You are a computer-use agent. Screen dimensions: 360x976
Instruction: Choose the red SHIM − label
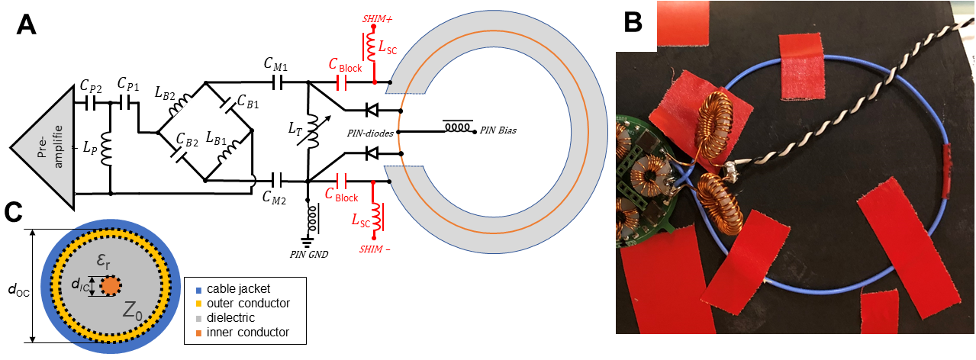coord(374,249)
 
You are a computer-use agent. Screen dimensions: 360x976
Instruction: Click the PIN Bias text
coord(498,130)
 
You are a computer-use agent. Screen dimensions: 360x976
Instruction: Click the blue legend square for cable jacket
coord(191,288)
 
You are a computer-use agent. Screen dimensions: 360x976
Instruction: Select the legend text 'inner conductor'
coord(243,332)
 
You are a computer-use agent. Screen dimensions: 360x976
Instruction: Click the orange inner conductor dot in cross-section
coord(110,286)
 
